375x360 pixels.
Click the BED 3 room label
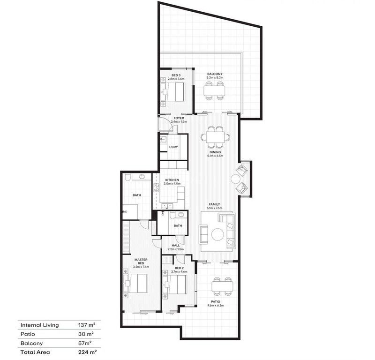176,75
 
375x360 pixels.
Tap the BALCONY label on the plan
215,74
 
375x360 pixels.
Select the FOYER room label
179,118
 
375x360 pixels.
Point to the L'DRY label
173,147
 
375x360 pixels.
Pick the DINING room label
216,152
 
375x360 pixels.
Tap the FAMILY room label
215,204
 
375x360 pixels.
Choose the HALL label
176,245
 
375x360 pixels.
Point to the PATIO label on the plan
216,302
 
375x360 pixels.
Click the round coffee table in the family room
217,233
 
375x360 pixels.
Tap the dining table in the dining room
216,137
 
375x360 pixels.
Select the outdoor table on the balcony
214,90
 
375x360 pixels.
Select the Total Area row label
35,352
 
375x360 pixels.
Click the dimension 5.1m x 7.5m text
215,208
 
